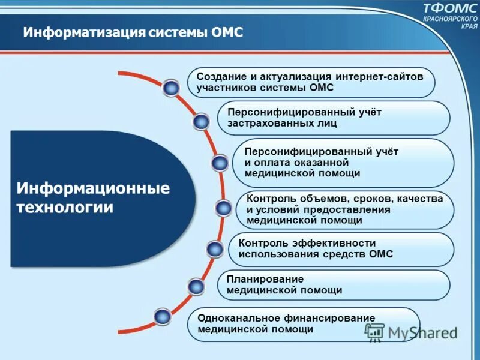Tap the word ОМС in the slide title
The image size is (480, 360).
coord(227,32)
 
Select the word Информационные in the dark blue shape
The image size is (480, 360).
coord(93,188)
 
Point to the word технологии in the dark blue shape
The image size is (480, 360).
coord(65,208)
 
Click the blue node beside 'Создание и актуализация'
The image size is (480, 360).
coord(172,88)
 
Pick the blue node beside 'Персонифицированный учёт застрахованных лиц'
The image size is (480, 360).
coord(202,122)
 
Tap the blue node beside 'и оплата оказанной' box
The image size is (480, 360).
coord(220,163)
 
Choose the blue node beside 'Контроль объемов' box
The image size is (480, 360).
coord(223,208)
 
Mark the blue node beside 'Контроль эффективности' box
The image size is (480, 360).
coord(215,248)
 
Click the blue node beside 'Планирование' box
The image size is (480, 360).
coord(196,286)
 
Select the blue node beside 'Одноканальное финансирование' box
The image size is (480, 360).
coord(162,316)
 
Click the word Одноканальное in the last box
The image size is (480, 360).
coord(236,318)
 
